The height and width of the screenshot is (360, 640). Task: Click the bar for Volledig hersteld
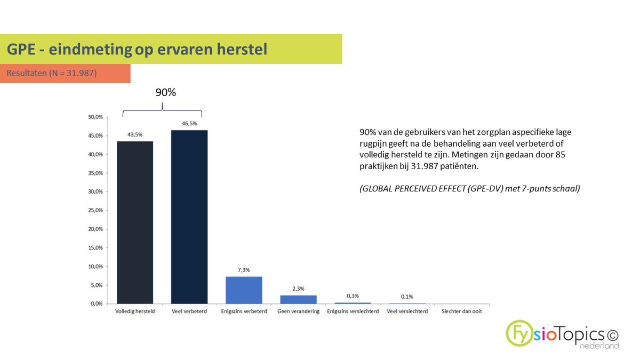[x=135, y=222]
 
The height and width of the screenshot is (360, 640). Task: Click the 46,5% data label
[x=189, y=123]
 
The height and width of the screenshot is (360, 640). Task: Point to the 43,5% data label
[x=135, y=134]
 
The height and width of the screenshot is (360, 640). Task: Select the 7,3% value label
[x=244, y=270]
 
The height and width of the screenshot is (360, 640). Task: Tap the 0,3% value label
[x=353, y=295]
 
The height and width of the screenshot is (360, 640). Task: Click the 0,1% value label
[x=407, y=297]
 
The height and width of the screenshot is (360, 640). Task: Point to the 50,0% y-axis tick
[x=96, y=117]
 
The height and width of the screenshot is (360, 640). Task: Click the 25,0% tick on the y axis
[x=96, y=210]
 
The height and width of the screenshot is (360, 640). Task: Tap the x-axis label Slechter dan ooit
[x=461, y=311]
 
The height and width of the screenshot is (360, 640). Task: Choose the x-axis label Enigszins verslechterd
[x=353, y=311]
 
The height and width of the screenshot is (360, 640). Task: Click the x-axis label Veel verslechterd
[x=407, y=311]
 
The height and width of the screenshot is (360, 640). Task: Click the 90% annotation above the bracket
[x=165, y=92]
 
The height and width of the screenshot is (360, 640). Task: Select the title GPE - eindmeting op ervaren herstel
[x=137, y=50]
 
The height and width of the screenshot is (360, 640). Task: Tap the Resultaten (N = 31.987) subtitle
[x=52, y=73]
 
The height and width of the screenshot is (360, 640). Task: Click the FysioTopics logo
[x=563, y=334]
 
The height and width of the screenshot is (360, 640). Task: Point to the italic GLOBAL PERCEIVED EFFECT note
[x=469, y=188]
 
